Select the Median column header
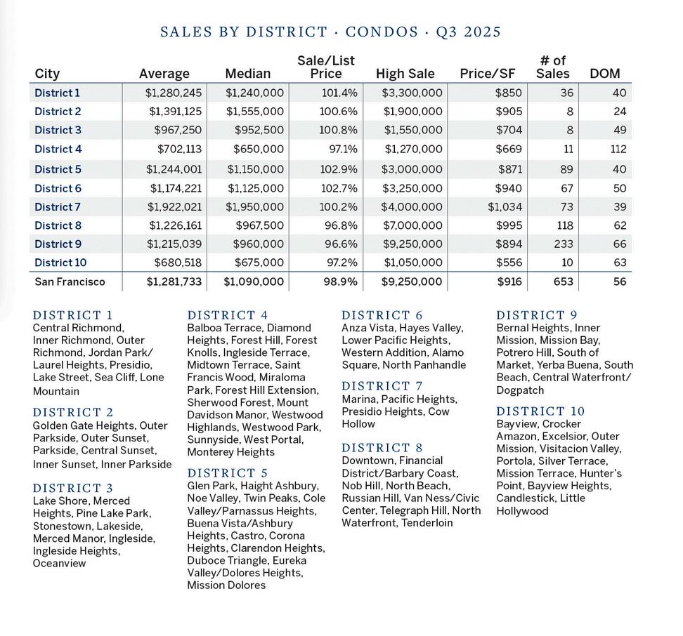pyautogui.click(x=247, y=74)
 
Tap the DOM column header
pyautogui.click(x=604, y=74)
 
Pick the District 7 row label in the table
pyautogui.click(x=58, y=207)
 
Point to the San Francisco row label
pyautogui.click(x=70, y=281)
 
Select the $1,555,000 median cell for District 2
pyautogui.click(x=255, y=112)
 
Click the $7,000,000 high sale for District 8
pyautogui.click(x=412, y=225)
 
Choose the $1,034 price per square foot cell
pyautogui.click(x=505, y=207)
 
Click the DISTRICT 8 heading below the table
pyautogui.click(x=382, y=448)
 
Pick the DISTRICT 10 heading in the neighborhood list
pyautogui.click(x=540, y=411)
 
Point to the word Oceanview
pyautogui.click(x=59, y=564)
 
